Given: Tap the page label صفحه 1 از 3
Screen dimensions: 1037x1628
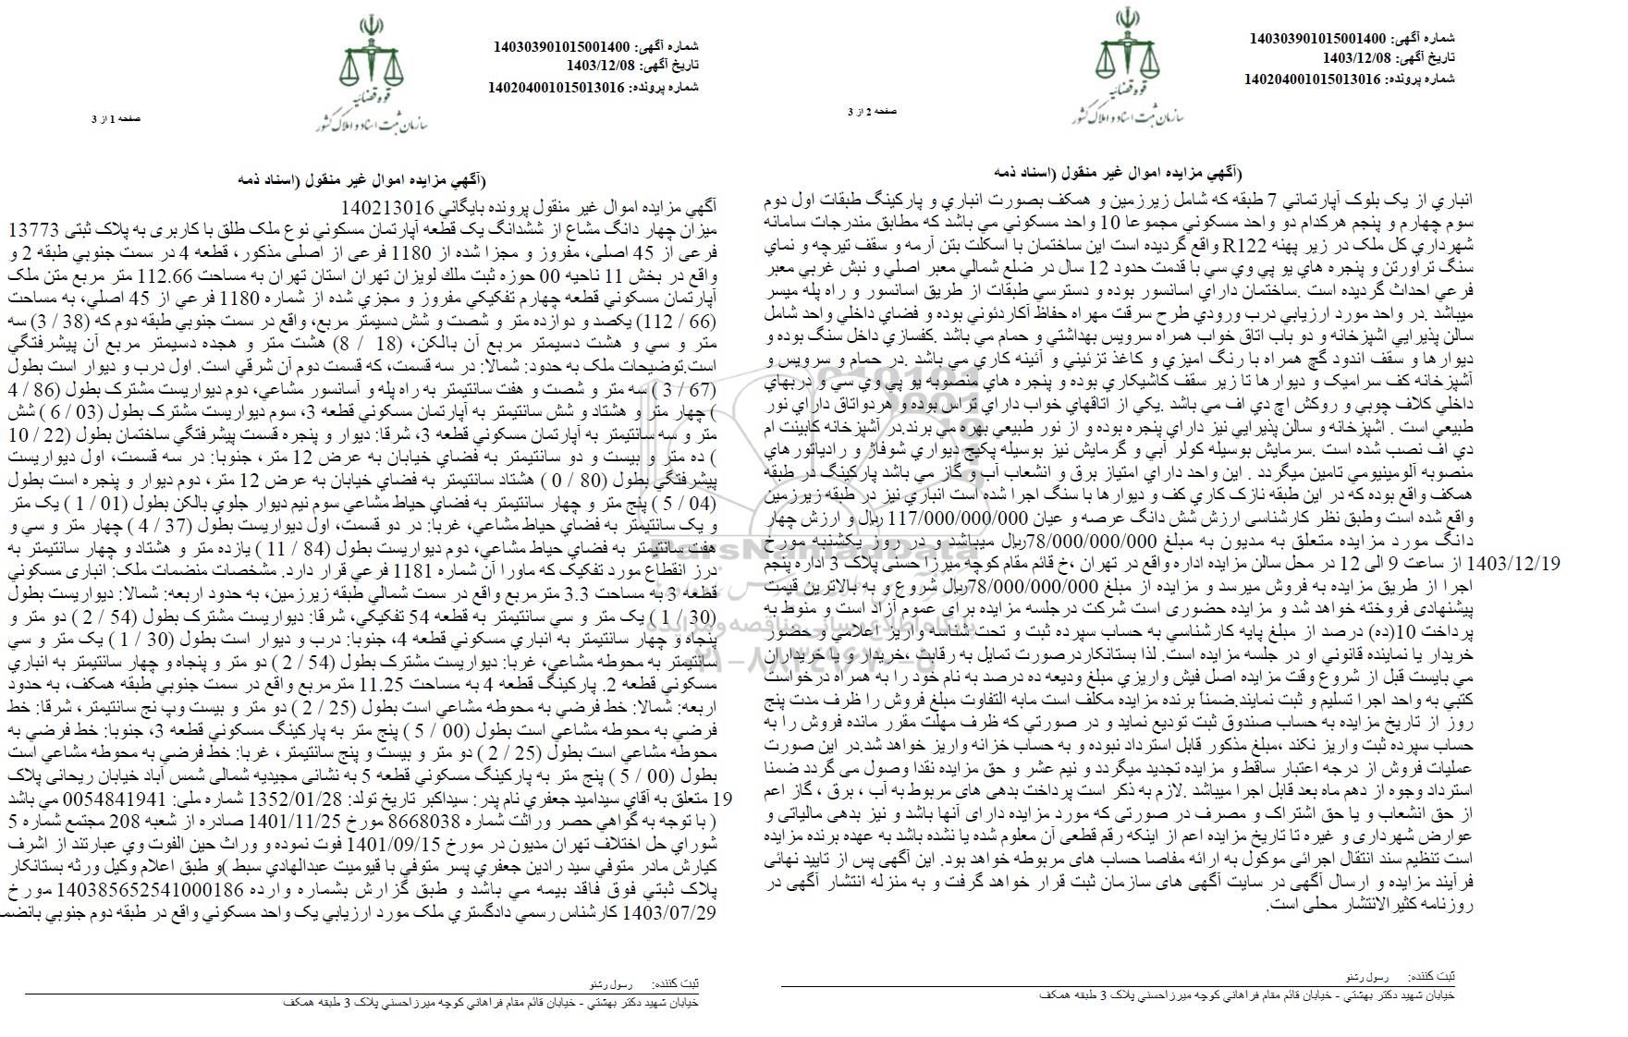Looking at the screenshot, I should click(115, 119).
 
